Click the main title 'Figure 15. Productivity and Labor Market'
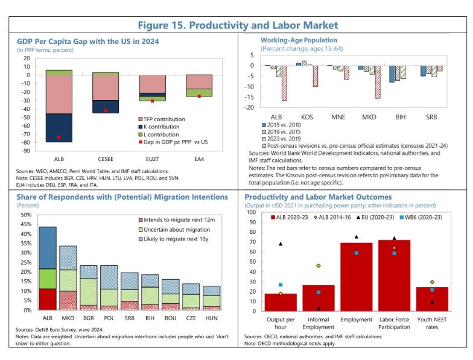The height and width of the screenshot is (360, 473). coord(238,25)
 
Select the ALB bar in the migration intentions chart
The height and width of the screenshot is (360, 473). coord(48,268)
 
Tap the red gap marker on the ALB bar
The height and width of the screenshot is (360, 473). coord(59,137)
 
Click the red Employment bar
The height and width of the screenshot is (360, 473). coord(356,274)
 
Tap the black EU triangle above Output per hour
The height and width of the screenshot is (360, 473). coord(281,244)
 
